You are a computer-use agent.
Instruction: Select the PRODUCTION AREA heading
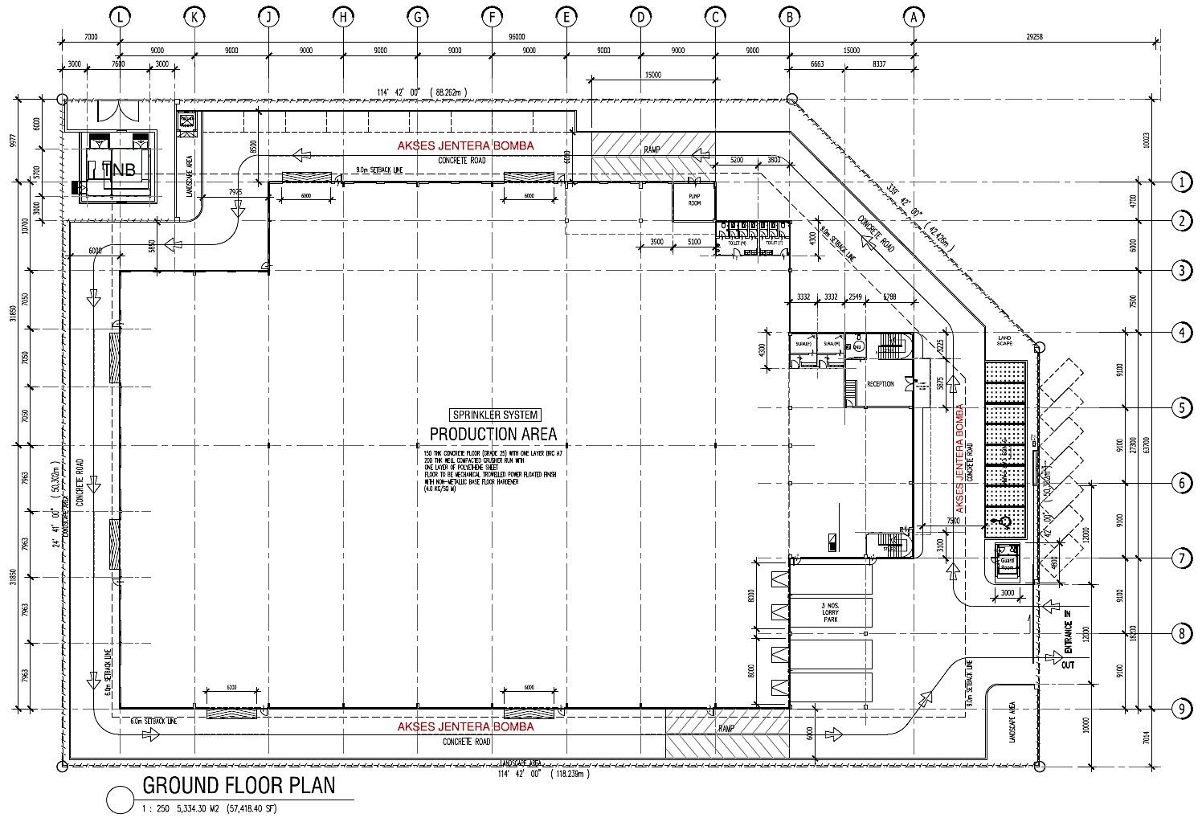coord(493,434)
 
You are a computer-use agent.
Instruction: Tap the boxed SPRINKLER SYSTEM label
coord(495,415)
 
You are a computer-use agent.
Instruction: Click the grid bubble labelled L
coord(121,16)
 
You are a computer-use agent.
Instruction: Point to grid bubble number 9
coord(1181,709)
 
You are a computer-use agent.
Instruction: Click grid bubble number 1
coord(1181,182)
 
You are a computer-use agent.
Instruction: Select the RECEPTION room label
coord(880,384)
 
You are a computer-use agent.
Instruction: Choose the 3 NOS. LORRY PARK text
coord(830,613)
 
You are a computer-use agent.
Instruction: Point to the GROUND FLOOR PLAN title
coord(239,785)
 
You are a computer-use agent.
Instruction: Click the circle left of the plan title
coord(121,799)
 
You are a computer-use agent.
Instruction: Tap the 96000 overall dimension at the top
coord(517,37)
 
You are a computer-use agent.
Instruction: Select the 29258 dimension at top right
coord(1035,37)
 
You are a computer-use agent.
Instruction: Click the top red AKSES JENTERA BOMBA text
coord(465,146)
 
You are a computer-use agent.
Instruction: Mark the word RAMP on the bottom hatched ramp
coord(726,729)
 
